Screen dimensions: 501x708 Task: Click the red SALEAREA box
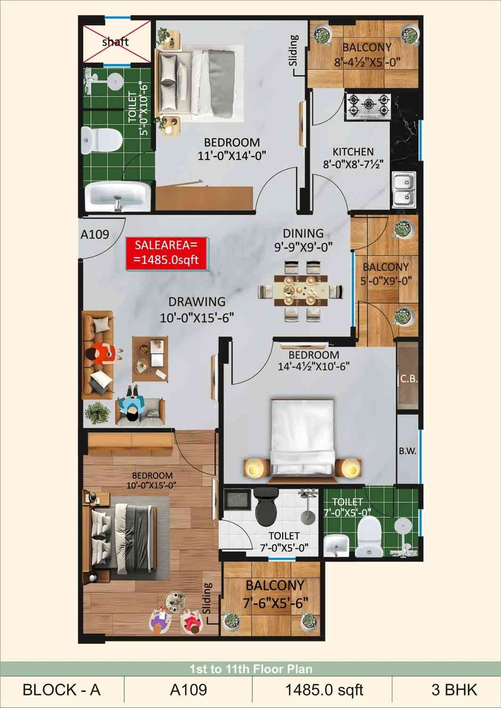point(167,253)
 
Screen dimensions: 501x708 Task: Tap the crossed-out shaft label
point(115,42)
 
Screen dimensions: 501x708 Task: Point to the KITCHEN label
point(353,152)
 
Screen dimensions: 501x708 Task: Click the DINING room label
point(303,233)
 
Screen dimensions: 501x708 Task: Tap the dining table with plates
point(300,290)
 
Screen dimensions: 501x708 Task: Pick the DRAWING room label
point(197,302)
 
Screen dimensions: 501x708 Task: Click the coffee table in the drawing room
point(150,359)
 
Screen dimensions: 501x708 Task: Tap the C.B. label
point(409,379)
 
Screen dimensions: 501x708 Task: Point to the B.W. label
point(408,451)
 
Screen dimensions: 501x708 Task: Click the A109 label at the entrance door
point(95,234)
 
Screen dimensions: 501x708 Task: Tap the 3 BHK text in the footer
point(454,690)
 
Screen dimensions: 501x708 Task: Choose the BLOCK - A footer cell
point(62,690)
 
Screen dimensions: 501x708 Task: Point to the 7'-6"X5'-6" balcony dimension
point(275,603)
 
